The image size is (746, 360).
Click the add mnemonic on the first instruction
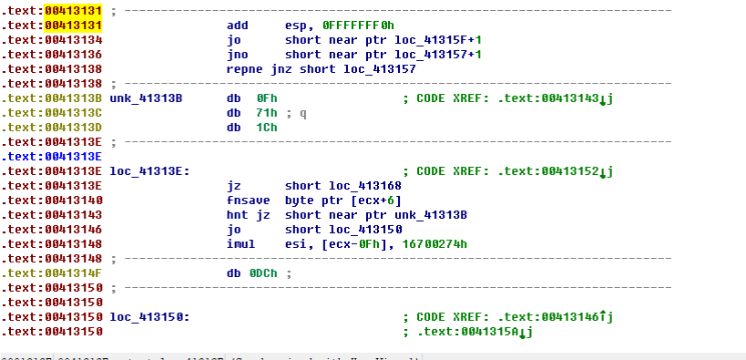click(237, 26)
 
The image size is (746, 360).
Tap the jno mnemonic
click(237, 55)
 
